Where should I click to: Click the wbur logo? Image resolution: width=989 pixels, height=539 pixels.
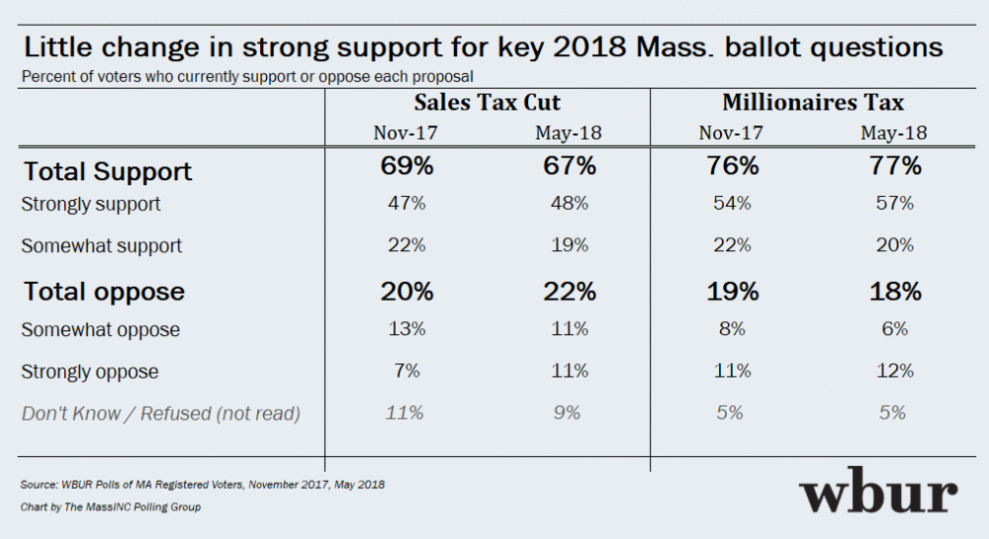(878, 493)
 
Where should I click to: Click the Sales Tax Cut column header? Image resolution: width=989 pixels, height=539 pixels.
(487, 103)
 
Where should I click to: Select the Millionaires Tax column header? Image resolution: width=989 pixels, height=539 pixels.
(813, 103)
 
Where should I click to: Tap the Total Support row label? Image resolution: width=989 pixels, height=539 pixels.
(108, 171)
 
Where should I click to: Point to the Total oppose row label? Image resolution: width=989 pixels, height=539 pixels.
(104, 292)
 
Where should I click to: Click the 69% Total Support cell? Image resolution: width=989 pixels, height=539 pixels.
(406, 165)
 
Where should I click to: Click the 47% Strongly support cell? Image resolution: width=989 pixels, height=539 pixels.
(406, 204)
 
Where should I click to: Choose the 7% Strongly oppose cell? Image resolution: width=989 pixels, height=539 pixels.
(406, 371)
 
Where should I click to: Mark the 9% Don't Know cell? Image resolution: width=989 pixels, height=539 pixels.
(568, 412)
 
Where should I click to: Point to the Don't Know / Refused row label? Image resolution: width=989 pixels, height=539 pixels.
(160, 414)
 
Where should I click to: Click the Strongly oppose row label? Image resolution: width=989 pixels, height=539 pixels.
(90, 373)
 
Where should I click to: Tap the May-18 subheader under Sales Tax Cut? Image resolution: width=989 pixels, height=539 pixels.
(568, 132)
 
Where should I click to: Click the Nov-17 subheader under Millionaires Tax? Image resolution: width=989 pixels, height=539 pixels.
(730, 132)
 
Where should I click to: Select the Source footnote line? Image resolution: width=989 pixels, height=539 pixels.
(202, 486)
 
